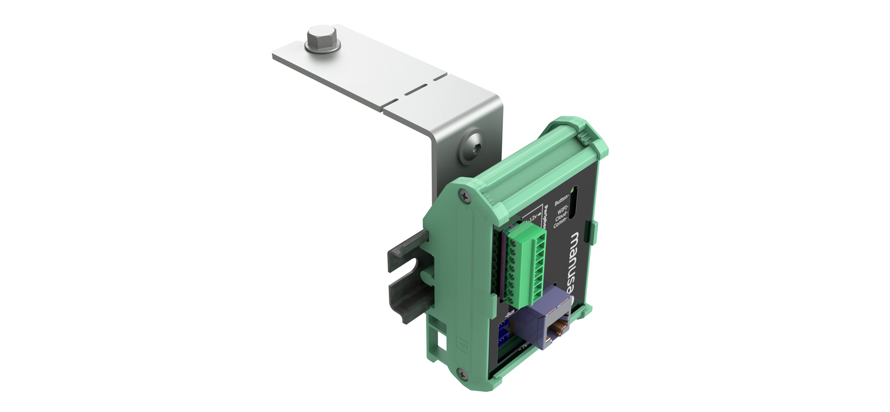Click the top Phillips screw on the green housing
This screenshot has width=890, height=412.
click(x=464, y=194)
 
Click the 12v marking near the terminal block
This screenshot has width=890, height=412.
click(x=532, y=217)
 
